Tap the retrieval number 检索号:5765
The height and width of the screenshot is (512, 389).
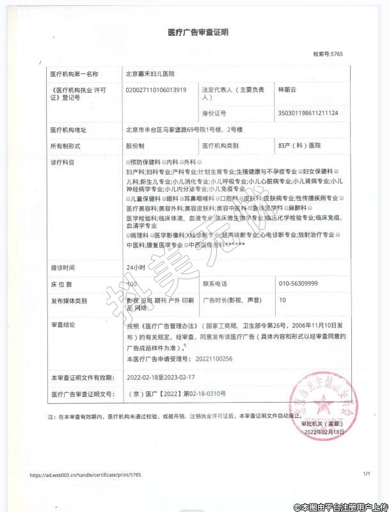tap(328, 54)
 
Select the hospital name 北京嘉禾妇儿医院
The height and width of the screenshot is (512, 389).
tap(154, 75)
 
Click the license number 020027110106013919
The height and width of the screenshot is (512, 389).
tap(157, 90)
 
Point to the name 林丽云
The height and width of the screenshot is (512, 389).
tap(288, 90)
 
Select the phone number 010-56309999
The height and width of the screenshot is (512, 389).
tap(299, 283)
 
